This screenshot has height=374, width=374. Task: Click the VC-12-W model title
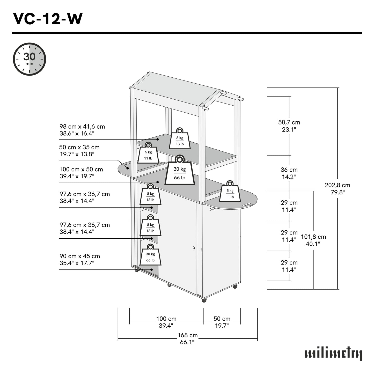[x=48, y=19]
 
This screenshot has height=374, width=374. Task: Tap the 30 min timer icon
[x=30, y=59]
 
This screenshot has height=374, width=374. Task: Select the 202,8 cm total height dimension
[x=337, y=189]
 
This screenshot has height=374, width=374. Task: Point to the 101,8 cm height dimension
[x=313, y=240]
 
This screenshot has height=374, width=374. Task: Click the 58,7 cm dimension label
[x=289, y=126]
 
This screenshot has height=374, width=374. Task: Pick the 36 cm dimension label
[x=289, y=173]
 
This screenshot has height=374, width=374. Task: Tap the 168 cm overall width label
[x=187, y=339]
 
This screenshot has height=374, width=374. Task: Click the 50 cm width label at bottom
[x=222, y=322]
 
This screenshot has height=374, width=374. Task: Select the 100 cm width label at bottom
[x=166, y=322]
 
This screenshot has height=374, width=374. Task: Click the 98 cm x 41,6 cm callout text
[x=82, y=130]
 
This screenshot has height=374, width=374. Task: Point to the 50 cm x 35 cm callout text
[x=79, y=151]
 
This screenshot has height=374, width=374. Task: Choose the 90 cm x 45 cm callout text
[x=79, y=259]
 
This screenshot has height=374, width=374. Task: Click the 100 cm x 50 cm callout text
[x=81, y=173]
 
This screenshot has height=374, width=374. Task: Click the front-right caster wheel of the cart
[x=204, y=300]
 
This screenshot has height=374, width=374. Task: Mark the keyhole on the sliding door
[x=194, y=248]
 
